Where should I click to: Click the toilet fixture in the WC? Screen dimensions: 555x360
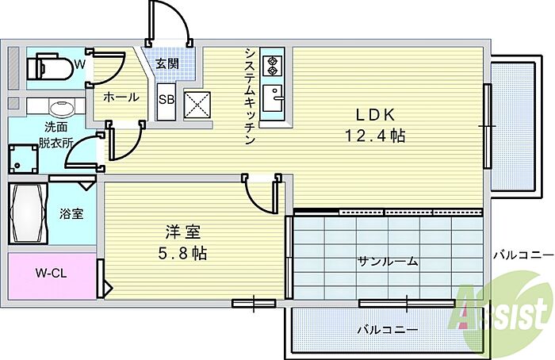tap(49, 67)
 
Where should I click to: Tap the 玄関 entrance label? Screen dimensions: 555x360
tap(167, 64)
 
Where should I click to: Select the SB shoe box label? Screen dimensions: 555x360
tap(166, 100)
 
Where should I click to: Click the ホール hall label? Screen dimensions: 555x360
tap(121, 97)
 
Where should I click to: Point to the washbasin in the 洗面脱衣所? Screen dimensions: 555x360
tap(61, 108)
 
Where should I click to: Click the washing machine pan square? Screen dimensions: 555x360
tap(23, 159)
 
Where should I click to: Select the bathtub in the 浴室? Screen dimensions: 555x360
tap(28, 213)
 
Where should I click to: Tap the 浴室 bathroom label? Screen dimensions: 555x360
tap(71, 214)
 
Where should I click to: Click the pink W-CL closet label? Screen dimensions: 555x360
tap(51, 274)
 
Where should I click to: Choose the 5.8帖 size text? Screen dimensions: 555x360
tap(182, 254)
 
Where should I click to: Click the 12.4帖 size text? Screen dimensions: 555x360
tap(375, 136)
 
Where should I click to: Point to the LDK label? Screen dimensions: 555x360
tap(375, 115)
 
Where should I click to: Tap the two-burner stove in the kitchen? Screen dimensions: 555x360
tap(272, 66)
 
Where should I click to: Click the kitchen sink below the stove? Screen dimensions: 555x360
tap(272, 98)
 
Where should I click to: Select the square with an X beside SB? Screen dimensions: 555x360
tap(197, 105)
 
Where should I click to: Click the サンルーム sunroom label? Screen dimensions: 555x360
tap(388, 262)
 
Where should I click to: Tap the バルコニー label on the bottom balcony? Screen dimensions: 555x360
tap(388, 330)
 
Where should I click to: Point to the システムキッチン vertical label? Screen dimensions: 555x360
tap(250, 96)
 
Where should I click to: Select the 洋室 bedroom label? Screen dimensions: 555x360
tap(182, 232)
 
